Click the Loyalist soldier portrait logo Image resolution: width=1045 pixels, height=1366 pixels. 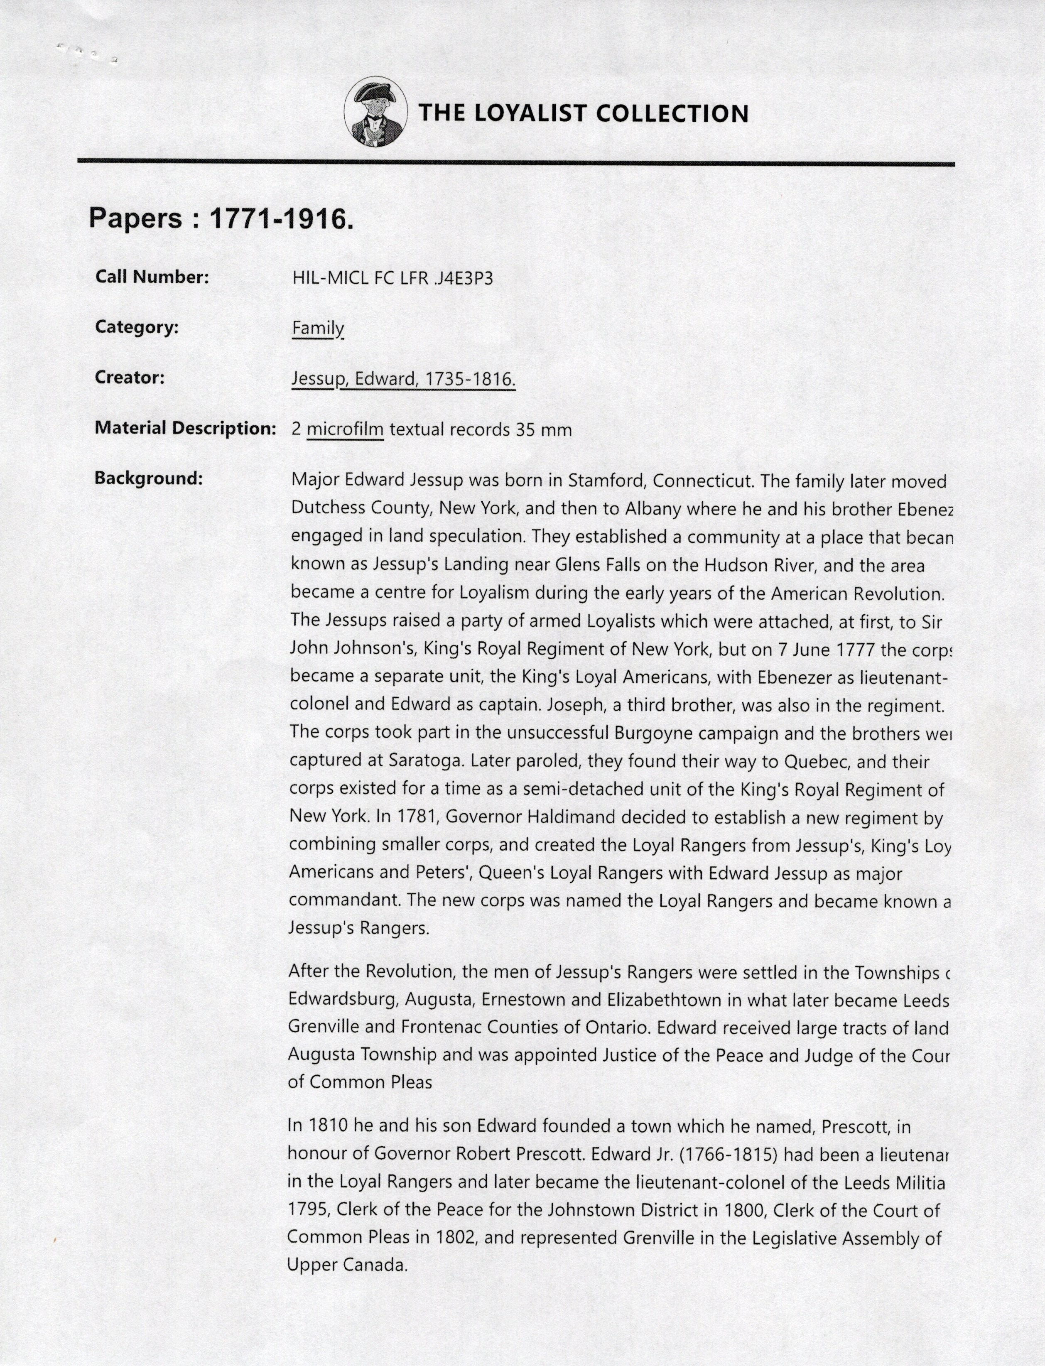[376, 112]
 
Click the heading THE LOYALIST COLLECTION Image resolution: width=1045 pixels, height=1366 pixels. [583, 113]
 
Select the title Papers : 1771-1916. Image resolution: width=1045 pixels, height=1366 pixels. [221, 218]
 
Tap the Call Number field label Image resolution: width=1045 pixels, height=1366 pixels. [152, 277]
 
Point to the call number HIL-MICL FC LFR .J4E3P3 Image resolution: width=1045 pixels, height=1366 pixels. [392, 278]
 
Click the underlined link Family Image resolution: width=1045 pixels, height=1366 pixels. [317, 328]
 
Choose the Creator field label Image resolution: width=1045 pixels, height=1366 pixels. [130, 378]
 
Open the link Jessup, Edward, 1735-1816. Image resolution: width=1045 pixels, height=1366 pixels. [403, 379]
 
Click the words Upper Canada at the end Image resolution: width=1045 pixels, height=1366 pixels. [346, 1265]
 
